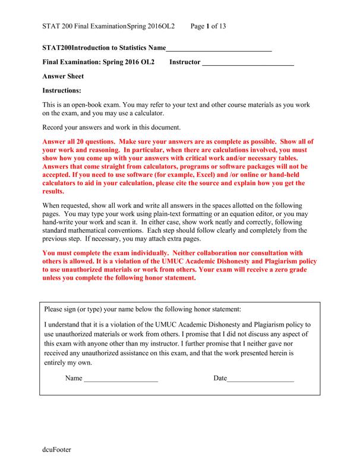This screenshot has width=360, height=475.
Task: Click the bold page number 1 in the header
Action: click(207, 26)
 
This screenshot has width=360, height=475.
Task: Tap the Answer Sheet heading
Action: click(64, 77)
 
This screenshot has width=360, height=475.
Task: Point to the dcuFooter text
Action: click(56, 450)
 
